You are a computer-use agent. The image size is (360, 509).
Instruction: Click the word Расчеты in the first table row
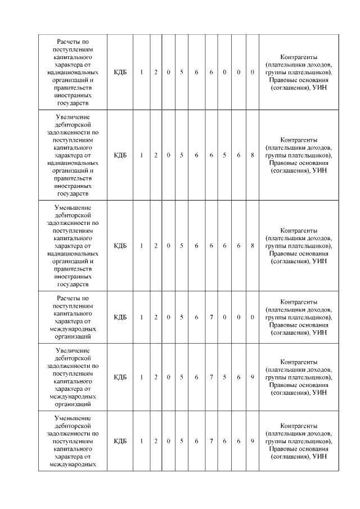71,41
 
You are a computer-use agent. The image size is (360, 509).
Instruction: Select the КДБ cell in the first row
120,73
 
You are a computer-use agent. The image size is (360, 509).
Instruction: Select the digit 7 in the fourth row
211,317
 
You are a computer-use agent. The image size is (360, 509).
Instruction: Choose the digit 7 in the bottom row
211,441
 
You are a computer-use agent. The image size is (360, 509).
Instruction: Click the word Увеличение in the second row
71,115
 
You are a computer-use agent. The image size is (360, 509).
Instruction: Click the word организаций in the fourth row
71,337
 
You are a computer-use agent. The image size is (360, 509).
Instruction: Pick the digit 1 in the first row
142,73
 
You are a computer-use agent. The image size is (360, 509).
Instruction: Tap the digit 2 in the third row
156,245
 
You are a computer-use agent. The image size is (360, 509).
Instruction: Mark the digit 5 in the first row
181,73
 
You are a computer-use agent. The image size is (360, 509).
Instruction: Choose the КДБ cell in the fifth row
120,377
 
